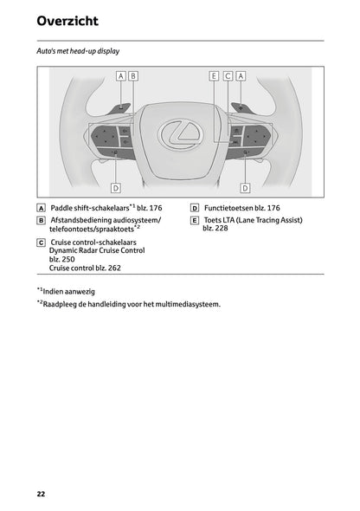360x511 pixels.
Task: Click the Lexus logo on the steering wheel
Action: click(x=180, y=133)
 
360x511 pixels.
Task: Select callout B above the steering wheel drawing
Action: click(x=133, y=76)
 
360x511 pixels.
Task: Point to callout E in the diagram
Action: click(x=214, y=76)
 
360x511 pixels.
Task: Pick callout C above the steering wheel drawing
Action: click(x=228, y=76)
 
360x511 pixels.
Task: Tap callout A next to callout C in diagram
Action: click(x=241, y=76)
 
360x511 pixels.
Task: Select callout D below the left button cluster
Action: click(x=116, y=187)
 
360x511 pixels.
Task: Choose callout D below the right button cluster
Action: click(x=245, y=187)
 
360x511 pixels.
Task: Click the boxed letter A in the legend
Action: click(x=42, y=209)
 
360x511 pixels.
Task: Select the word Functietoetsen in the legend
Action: click(x=231, y=209)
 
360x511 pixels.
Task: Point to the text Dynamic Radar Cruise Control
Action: click(x=97, y=249)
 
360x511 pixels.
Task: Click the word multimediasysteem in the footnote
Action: click(x=189, y=305)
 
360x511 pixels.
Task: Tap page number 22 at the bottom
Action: click(x=41, y=494)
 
